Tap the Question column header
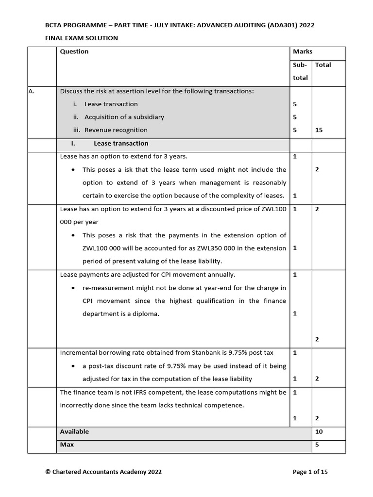pyautogui.click(x=74, y=51)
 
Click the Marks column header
pyautogui.click(x=303, y=51)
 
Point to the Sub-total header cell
pyautogui.click(x=300, y=71)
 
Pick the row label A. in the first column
pyautogui.click(x=33, y=91)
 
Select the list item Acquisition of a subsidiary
pyautogui.click(x=124, y=117)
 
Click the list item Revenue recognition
pyautogui.click(x=116, y=130)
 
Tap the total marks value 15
pyautogui.click(x=319, y=130)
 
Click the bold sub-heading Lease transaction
pyautogui.click(x=121, y=143)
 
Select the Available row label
pyautogui.click(x=74, y=431)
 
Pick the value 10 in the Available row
pyautogui.click(x=319, y=431)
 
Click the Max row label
pyautogui.click(x=67, y=445)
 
